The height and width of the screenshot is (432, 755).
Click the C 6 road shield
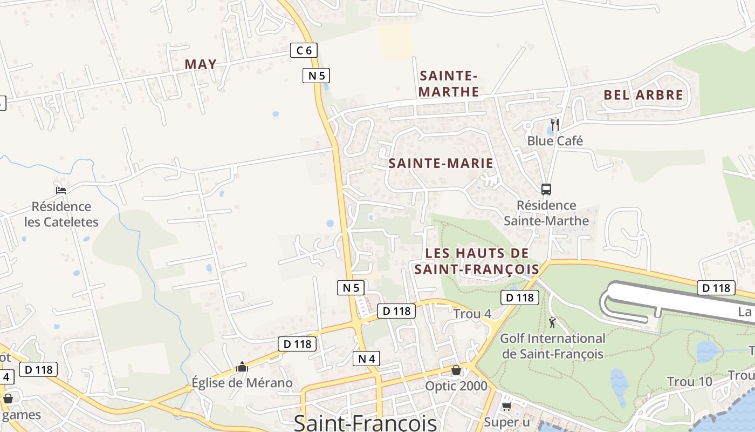click(304, 51)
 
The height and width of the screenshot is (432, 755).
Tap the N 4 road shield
click(367, 358)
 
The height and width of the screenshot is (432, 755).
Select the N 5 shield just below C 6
click(316, 76)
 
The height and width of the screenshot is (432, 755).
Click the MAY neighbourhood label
click(201, 64)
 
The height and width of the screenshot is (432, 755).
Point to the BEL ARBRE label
click(643, 95)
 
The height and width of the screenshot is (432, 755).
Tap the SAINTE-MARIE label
click(441, 163)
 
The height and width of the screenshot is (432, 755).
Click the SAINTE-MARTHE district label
click(449, 84)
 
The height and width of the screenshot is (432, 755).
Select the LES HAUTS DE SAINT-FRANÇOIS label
click(477, 261)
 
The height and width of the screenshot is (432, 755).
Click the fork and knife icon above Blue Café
click(554, 125)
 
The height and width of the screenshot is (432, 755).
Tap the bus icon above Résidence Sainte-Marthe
click(546, 190)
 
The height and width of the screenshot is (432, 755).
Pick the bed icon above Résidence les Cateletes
click(61, 190)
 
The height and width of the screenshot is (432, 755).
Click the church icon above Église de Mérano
click(242, 367)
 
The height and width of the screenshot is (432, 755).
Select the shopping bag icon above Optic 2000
click(456, 370)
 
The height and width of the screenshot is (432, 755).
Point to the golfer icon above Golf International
click(552, 323)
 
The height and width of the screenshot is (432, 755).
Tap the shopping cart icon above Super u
click(506, 406)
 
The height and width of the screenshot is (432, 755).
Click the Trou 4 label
click(472, 314)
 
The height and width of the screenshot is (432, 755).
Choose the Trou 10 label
click(690, 382)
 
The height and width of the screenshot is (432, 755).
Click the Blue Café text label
click(555, 141)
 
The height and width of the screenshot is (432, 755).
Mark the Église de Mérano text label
click(242, 383)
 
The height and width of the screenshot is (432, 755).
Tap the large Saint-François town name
click(365, 422)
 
